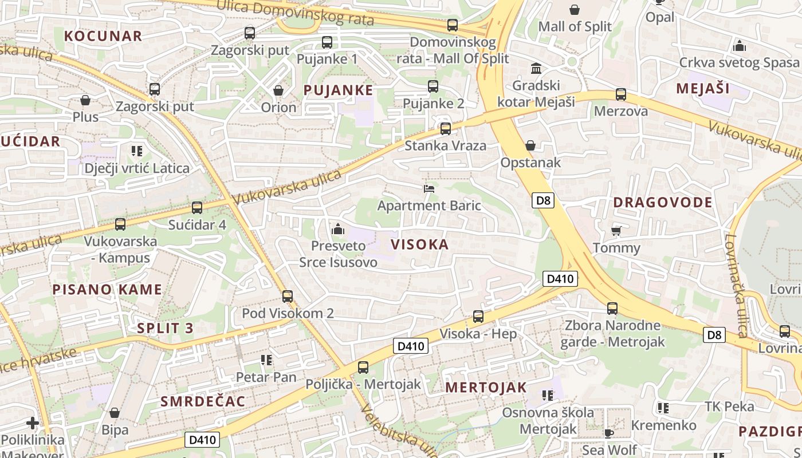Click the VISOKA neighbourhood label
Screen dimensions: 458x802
419,244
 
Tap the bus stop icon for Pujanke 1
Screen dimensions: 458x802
327,42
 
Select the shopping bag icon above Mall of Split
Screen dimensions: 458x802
575,10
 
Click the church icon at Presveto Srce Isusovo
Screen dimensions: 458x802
338,230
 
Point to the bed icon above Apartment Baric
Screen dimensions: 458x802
429,188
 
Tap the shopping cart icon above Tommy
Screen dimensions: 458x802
616,231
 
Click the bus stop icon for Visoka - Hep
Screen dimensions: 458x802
478,317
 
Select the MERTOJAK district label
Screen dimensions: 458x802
486,387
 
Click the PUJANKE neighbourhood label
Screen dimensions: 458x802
338,90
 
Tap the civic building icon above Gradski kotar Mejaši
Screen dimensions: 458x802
536,69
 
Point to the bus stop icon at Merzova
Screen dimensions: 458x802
621,94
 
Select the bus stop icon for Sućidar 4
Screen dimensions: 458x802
197,208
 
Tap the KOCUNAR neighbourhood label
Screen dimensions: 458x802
103,36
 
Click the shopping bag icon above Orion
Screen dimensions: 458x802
278,90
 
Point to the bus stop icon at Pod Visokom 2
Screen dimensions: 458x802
288,297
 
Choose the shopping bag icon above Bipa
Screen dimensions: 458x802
115,413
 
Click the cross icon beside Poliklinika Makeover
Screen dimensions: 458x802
33,424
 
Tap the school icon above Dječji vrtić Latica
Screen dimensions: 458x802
136,151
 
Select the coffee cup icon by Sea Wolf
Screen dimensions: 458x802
609,433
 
